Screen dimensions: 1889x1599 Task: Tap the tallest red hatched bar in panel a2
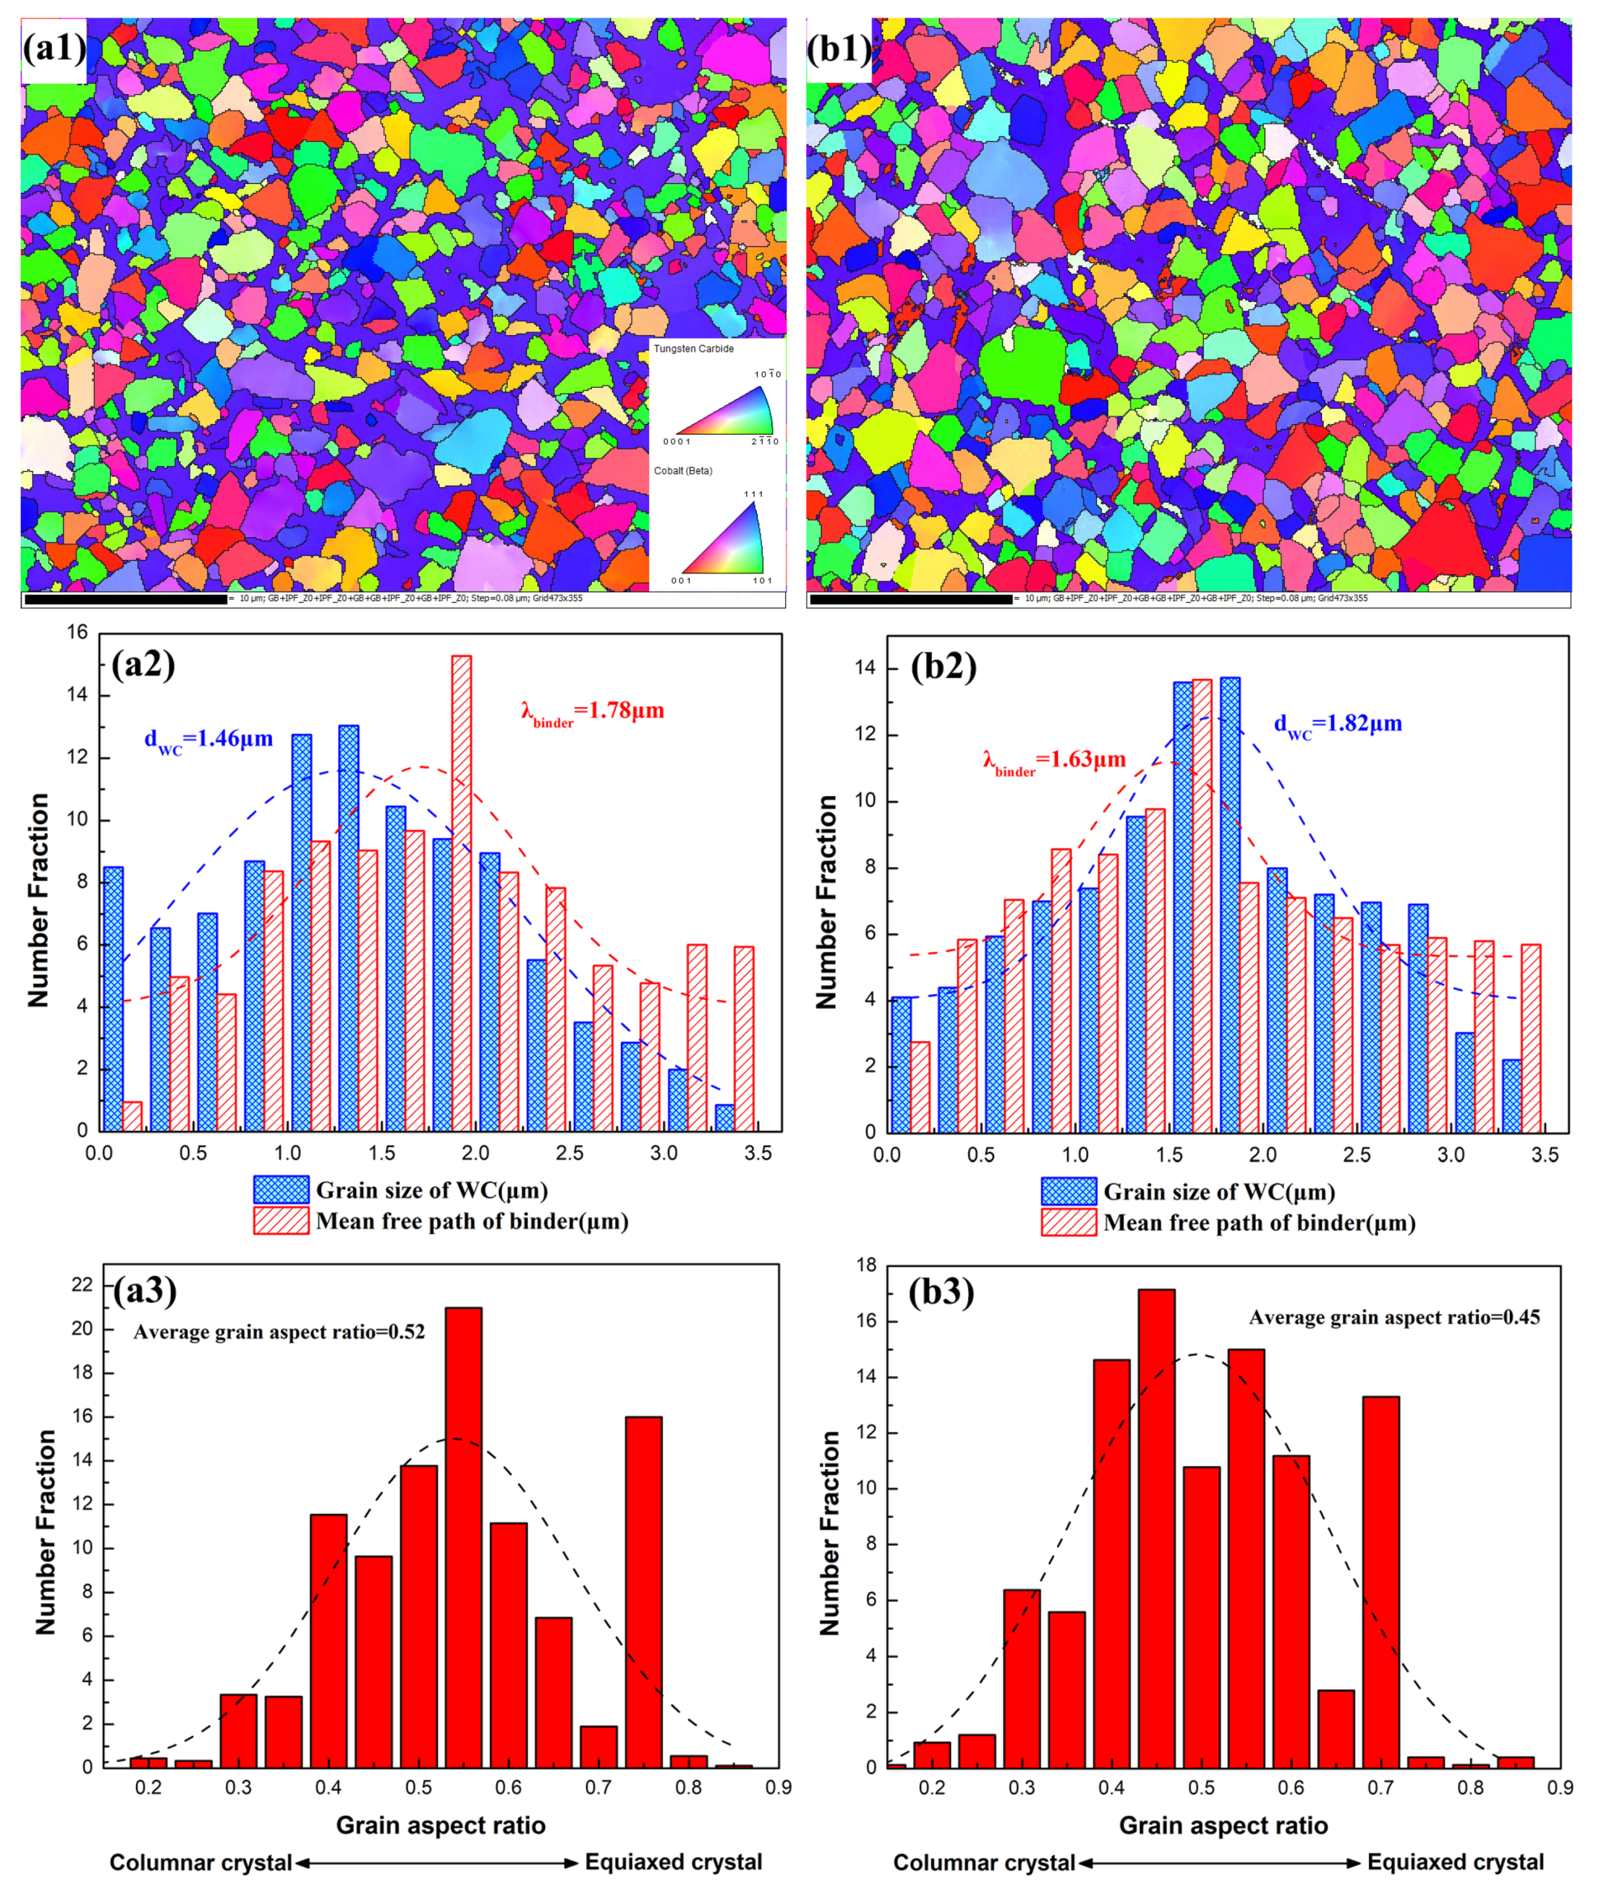(461, 893)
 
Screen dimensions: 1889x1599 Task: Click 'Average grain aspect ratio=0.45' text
(1394, 1317)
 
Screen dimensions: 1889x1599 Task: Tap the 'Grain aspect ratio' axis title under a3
(440, 1825)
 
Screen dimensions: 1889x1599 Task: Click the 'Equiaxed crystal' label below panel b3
(1455, 1863)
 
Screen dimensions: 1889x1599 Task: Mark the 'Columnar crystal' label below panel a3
(200, 1863)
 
